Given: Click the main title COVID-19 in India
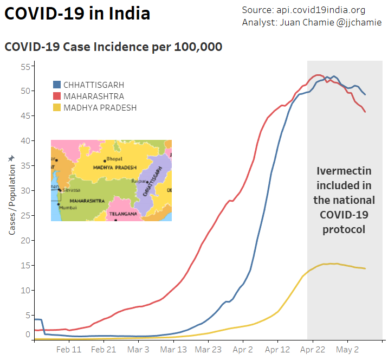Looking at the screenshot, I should coord(77,14).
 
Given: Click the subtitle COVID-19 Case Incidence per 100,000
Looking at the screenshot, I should coord(113,47).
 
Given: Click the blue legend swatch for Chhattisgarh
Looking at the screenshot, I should coord(57,85).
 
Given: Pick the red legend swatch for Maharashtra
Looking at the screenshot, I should coord(57,97).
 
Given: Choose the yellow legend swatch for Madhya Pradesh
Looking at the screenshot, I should coord(57,108).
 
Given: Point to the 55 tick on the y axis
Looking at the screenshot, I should coord(24,66).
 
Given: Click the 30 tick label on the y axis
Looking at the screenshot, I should coord(24,191).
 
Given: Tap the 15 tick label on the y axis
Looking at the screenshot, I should coord(24,266).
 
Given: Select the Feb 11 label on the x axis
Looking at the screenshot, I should coord(69,350).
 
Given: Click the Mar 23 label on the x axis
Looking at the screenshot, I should coord(209,350).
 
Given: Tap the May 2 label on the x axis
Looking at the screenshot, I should coord(348,350).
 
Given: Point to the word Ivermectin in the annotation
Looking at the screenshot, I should coord(344,171).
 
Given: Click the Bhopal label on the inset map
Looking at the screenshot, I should coord(114,159).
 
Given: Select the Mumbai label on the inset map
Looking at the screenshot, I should coord(67,207).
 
